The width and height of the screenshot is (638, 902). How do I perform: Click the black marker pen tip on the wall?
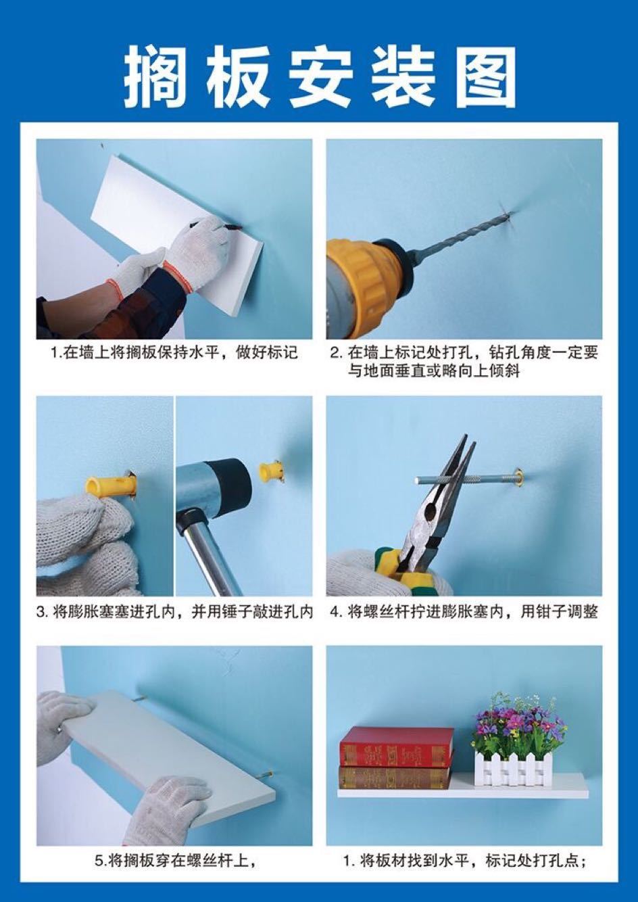232,227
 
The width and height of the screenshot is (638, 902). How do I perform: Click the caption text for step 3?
174,613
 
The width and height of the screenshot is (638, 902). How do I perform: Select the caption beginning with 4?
464,613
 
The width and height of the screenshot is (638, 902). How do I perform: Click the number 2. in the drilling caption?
337,353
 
